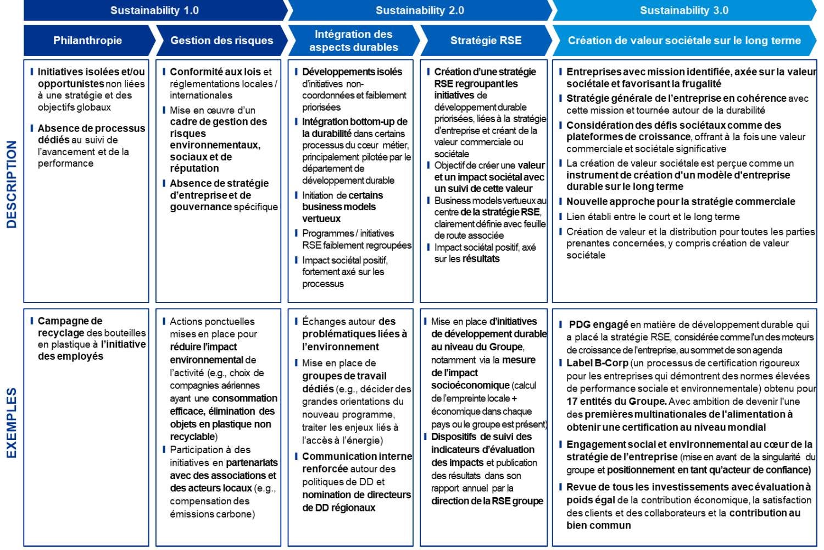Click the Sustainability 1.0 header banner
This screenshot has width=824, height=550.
coord(154,10)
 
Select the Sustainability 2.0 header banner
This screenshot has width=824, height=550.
coord(420,10)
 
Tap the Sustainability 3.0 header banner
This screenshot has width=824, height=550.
coord(684,10)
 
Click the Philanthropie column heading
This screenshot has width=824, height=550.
coord(87,40)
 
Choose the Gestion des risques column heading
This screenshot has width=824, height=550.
coord(221,40)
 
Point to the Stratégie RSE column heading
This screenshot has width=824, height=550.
coord(486,40)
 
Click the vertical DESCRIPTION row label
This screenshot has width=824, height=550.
coord(12,184)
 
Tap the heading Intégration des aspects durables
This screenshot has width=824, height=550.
coord(353,41)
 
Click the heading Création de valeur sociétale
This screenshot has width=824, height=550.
coord(684,40)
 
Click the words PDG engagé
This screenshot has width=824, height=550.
coord(598,324)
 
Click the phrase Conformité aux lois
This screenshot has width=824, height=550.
coord(215,71)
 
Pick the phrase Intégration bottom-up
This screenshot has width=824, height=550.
coord(354,122)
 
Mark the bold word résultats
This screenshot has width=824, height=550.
coord(481,258)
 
